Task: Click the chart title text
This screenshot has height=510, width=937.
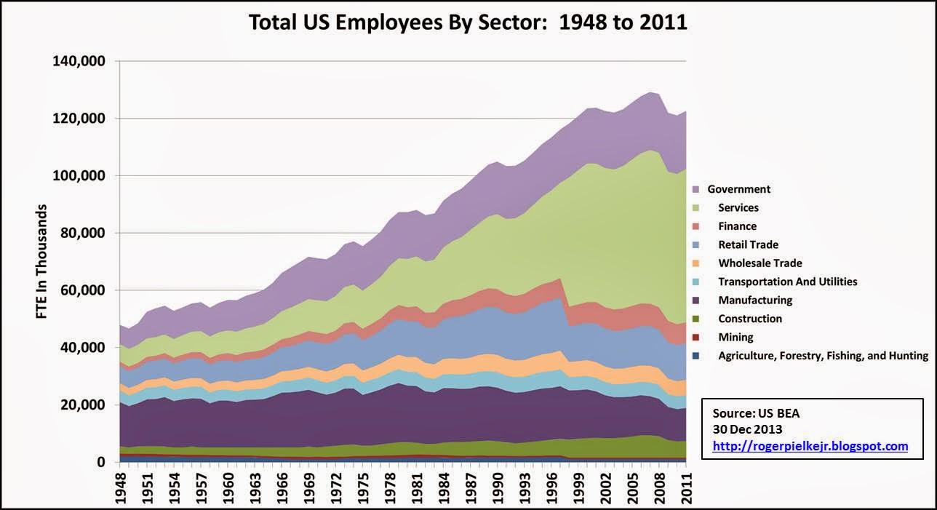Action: coord(468,23)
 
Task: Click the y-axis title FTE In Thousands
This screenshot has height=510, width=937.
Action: coord(41,262)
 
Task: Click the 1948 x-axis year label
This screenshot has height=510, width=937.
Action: coord(121,487)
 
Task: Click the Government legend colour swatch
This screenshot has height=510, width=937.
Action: coord(696,189)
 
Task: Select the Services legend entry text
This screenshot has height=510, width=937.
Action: coord(738,207)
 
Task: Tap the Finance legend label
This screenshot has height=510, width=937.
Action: coord(737,226)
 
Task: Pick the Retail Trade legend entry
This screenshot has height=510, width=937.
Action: coord(747,244)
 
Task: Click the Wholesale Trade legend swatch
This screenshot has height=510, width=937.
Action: coord(696,263)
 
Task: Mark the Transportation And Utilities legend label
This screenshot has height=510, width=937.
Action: coord(787,282)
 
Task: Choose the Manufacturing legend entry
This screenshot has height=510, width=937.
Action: coord(754,300)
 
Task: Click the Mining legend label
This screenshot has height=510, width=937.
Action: coord(735,337)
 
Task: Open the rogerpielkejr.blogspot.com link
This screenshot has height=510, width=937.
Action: coord(810,446)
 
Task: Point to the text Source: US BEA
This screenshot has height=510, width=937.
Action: coord(751,413)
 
